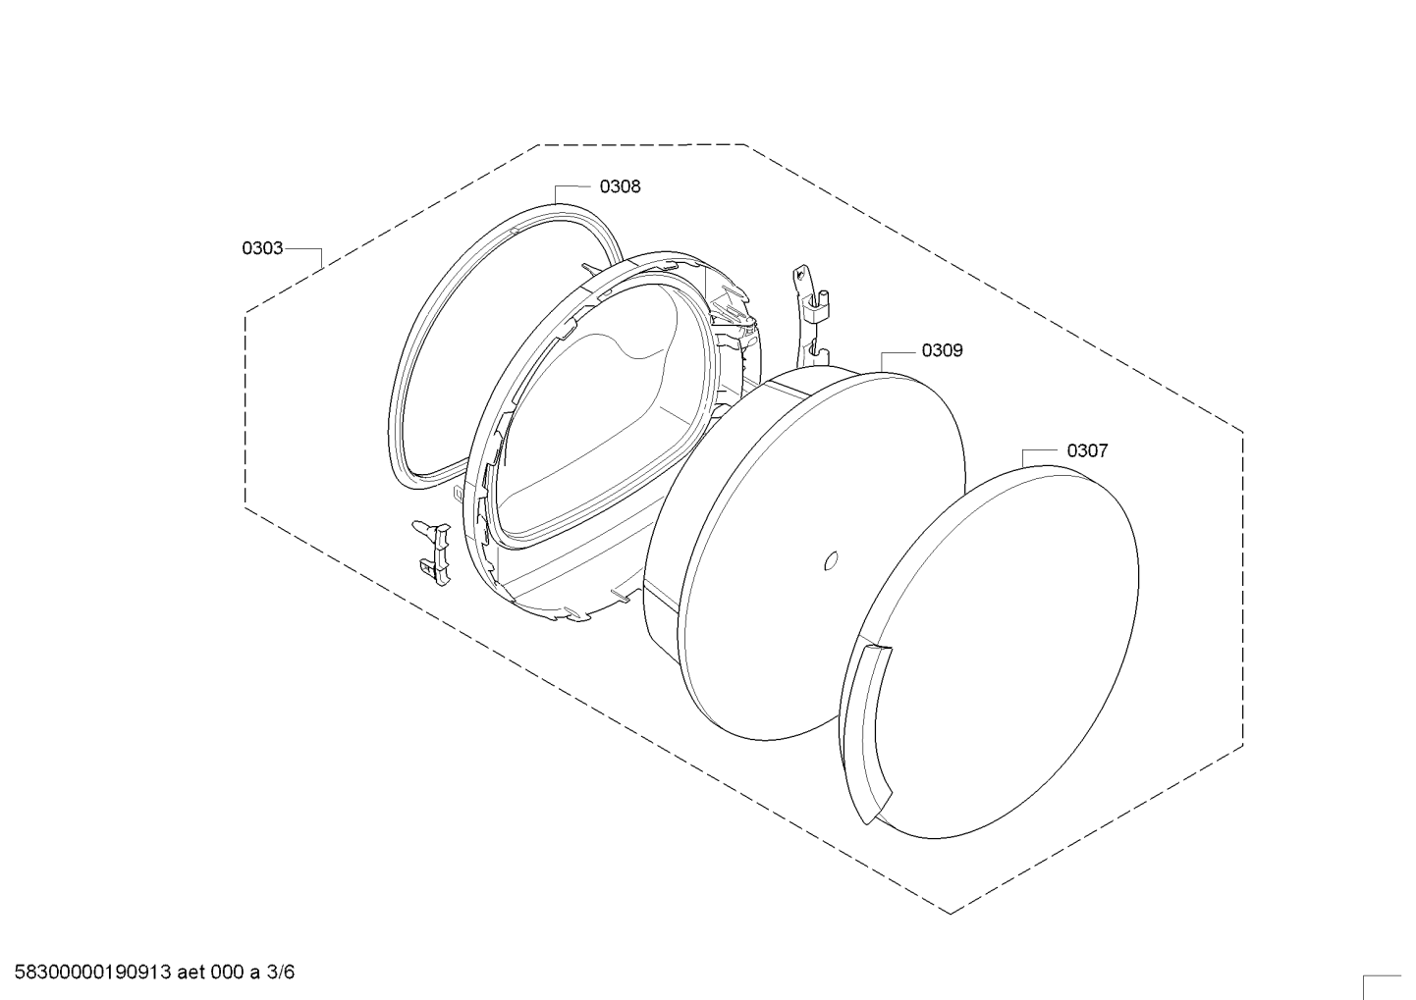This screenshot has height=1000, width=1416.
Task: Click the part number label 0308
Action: (x=620, y=186)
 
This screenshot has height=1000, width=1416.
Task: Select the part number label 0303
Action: (x=262, y=248)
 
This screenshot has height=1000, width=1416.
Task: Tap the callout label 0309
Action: (x=942, y=350)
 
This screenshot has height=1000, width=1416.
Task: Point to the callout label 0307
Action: (x=1087, y=451)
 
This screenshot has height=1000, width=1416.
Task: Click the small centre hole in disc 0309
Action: (x=832, y=559)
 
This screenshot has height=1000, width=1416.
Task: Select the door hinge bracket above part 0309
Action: (x=811, y=316)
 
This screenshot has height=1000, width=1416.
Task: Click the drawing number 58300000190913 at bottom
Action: (x=92, y=972)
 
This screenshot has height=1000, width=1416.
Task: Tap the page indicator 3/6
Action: (x=281, y=972)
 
